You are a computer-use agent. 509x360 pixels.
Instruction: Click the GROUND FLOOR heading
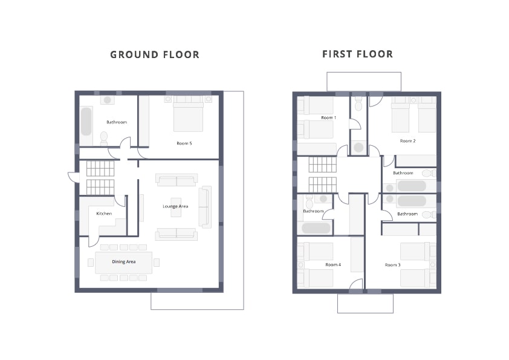(x=155, y=54)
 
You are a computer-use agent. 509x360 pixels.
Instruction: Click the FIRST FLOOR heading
(x=357, y=54)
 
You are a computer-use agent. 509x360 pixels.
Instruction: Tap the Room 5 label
(x=184, y=143)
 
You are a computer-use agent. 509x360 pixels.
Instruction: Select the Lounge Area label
(x=175, y=206)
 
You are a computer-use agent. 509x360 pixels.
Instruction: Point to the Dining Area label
(x=124, y=261)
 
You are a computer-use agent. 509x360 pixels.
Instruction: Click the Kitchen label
(x=104, y=214)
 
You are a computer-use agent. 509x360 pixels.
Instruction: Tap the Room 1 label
(x=328, y=117)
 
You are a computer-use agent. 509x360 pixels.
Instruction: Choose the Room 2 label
(x=407, y=141)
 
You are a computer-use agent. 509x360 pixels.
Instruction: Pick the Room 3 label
(x=392, y=265)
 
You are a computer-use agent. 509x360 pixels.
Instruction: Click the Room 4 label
(x=333, y=265)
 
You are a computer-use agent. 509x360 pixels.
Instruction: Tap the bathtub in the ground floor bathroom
(x=86, y=121)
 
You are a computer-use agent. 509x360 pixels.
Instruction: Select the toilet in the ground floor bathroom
(x=104, y=139)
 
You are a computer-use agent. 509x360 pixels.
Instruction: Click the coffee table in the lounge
(x=176, y=207)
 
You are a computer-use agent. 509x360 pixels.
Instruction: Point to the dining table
(x=124, y=262)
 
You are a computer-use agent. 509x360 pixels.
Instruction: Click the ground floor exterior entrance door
(x=73, y=177)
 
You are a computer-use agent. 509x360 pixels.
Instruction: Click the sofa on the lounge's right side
(x=205, y=207)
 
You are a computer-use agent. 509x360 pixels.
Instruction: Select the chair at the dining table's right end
(x=157, y=262)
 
